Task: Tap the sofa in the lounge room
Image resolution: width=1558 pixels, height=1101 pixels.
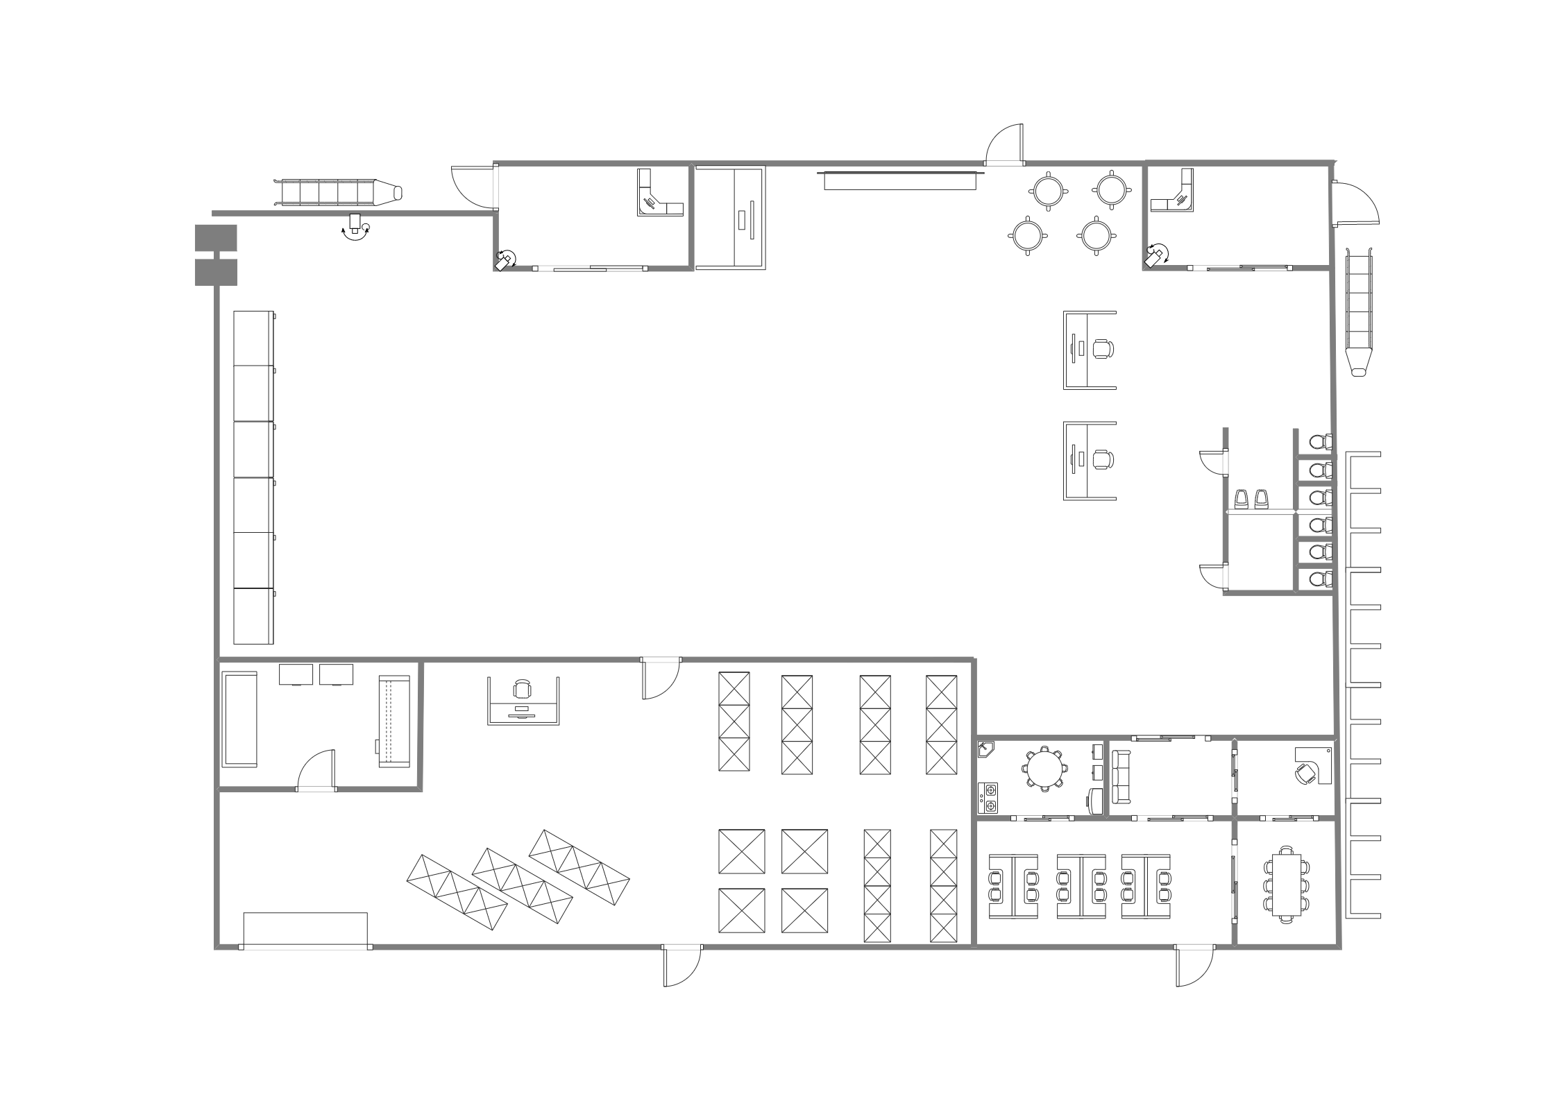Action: (x=1121, y=776)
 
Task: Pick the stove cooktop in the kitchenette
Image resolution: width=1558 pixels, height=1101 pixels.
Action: (x=988, y=797)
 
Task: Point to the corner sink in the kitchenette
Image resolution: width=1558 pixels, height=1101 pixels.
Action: (x=985, y=749)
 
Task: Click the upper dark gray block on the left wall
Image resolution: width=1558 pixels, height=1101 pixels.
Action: (x=216, y=237)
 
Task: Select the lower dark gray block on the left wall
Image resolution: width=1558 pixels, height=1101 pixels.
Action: (x=216, y=272)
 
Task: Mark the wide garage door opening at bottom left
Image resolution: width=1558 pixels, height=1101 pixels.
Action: (x=305, y=930)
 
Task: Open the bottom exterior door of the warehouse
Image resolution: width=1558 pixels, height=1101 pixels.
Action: (x=682, y=966)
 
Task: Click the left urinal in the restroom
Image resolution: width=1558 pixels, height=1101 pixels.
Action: (x=1242, y=498)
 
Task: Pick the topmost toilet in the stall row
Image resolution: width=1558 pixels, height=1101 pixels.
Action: (x=1320, y=441)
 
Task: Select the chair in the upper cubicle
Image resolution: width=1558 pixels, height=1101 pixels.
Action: (x=1102, y=348)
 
